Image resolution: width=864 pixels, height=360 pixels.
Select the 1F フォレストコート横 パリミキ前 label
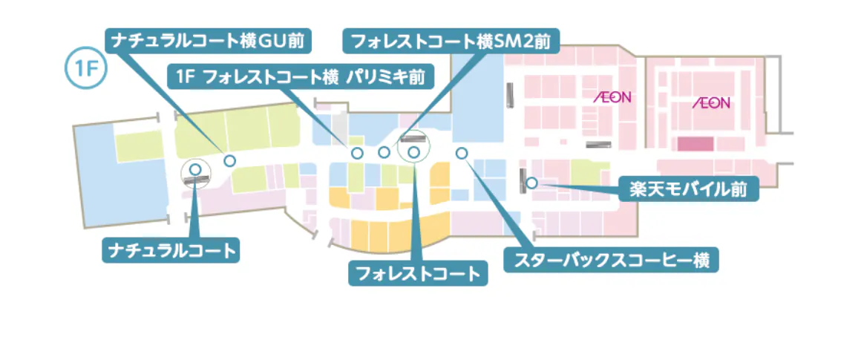point(301,76)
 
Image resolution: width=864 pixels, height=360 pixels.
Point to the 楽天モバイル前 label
point(688,189)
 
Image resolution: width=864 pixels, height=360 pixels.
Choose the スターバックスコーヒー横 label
point(611,260)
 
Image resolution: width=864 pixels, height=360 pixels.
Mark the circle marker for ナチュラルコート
point(195,170)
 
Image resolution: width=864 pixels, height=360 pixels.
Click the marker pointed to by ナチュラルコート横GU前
point(230,160)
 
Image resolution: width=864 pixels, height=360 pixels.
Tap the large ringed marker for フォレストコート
point(414,151)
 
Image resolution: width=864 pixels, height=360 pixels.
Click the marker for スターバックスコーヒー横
point(462,153)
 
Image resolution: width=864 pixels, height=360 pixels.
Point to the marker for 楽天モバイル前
point(531,183)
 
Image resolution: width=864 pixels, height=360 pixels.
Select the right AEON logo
point(711,102)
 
